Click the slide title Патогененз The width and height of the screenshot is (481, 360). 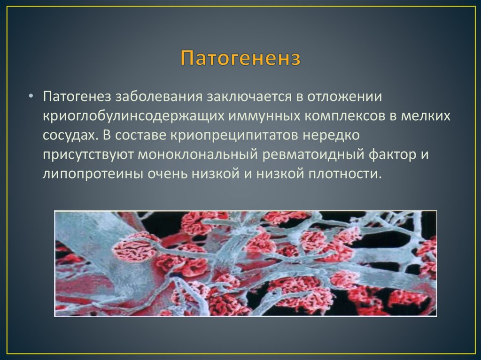pos(240,60)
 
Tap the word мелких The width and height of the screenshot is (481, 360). pos(426,116)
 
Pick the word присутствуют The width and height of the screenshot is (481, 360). pos(88,155)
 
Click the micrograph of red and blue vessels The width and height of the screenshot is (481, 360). pos(245,263)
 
